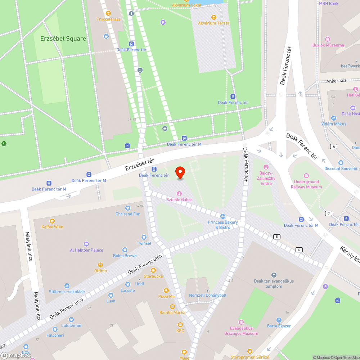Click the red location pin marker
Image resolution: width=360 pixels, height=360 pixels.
pos(180,173)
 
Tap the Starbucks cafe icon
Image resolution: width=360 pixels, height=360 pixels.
pos(153,270)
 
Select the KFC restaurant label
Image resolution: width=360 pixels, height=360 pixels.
pos(180,330)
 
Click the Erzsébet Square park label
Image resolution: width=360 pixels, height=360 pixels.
pos(63,39)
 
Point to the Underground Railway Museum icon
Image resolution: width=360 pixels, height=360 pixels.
pos(306,176)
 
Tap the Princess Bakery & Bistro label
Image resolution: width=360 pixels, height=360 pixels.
pos(222,225)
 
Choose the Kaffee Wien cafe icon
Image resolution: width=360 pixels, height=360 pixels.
pos(52,221)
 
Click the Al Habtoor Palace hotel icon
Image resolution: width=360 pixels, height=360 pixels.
pos(86,244)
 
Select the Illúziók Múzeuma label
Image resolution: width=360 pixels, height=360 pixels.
pos(327,45)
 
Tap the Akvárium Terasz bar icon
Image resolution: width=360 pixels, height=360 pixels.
pos(214,17)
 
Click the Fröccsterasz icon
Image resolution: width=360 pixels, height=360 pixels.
pos(108,13)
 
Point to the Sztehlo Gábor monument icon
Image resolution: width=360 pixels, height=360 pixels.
pos(179,194)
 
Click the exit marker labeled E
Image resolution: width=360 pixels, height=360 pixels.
pos(277,237)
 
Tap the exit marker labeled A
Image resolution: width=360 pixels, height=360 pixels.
pos(334,146)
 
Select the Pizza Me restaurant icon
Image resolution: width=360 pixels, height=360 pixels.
pos(166,290)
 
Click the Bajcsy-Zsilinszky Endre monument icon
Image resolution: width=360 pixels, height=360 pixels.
pos(266,167)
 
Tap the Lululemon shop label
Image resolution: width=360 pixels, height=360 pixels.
pos(71,325)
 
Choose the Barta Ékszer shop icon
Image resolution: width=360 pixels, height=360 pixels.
pos(279,320)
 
